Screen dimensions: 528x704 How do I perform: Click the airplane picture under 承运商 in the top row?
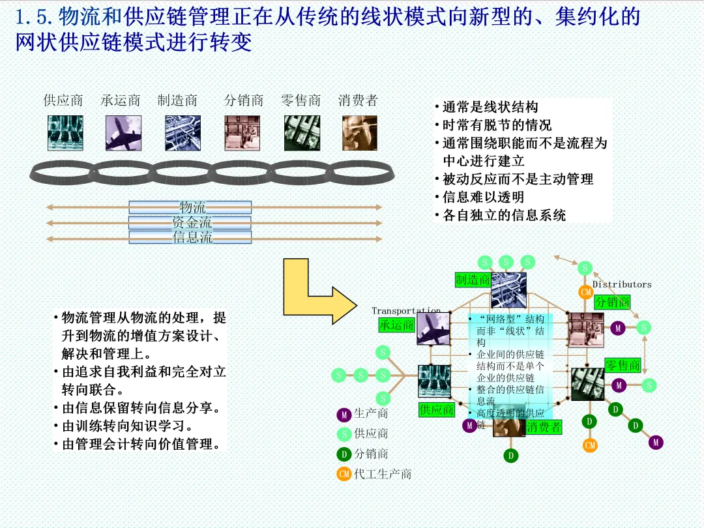(123, 133)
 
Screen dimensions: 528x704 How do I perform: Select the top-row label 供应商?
(63, 100)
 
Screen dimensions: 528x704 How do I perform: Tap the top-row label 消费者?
(358, 100)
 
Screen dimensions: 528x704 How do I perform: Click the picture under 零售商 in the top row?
(302, 133)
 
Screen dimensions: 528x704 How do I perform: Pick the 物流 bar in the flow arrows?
(190, 207)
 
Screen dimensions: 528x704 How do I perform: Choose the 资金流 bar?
(190, 223)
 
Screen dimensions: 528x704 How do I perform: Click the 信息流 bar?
(190, 238)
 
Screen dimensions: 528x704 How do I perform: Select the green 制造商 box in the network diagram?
(473, 280)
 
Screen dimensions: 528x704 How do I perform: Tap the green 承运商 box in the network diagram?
(396, 325)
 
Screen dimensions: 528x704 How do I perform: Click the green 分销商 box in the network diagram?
(612, 302)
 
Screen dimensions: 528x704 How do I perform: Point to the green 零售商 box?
(623, 365)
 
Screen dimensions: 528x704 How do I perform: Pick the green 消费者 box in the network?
(544, 427)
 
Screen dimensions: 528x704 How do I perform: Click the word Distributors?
(622, 284)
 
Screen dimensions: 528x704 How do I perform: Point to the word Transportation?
(406, 311)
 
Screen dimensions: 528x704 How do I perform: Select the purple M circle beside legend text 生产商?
(344, 415)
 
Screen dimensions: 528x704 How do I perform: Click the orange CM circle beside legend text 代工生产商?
(344, 474)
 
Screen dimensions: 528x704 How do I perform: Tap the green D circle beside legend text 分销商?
(344, 454)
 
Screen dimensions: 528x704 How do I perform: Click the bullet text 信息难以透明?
(483, 197)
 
